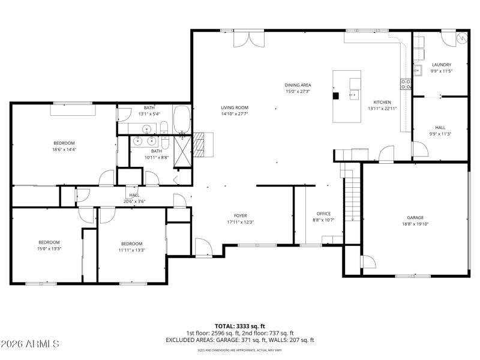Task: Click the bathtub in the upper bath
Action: (182, 119)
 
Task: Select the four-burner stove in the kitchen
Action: (406, 84)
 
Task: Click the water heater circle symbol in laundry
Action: (462, 38)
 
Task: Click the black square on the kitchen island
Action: (336, 94)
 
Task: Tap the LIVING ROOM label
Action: (234, 107)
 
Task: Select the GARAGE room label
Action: (415, 218)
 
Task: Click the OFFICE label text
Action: (323, 214)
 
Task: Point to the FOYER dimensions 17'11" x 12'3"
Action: (240, 223)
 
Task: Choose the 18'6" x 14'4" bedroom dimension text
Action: (64, 149)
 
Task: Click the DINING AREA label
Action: (298, 85)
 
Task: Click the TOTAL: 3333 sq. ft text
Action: (239, 326)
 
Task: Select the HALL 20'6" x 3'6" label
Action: (134, 198)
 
